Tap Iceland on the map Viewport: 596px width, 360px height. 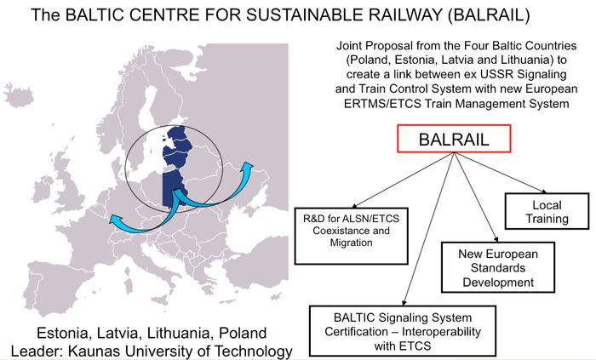(x=18, y=94)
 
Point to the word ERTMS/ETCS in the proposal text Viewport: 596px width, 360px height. (x=382, y=103)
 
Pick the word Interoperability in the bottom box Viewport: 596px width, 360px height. (x=441, y=332)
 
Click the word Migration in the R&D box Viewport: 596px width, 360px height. (x=351, y=243)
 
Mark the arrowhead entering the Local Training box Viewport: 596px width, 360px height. (x=544, y=191)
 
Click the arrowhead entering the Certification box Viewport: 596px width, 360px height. (x=404, y=303)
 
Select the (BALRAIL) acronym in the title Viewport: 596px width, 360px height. (x=488, y=15)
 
